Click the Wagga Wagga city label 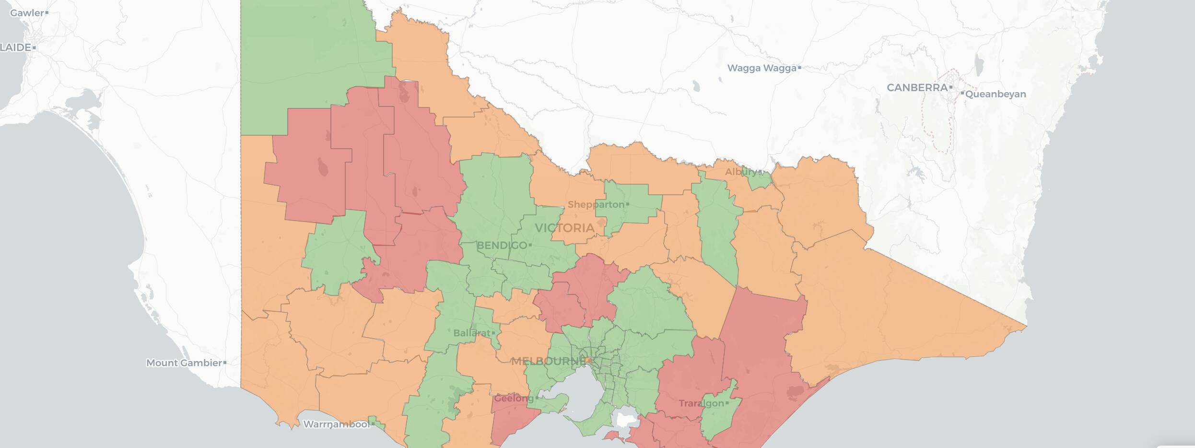tap(762, 68)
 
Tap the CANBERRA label tap(916, 88)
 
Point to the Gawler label tap(26, 13)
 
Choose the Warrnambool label tap(336, 424)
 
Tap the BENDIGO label tap(502, 246)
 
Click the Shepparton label tap(596, 205)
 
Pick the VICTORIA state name tap(564, 228)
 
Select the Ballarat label tap(471, 333)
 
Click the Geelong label tap(513, 399)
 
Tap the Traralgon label tap(701, 403)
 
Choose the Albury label tap(740, 172)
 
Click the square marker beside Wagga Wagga tap(799, 68)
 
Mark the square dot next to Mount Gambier tap(225, 363)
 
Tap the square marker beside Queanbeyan tap(962, 94)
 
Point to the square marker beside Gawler tap(47, 13)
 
